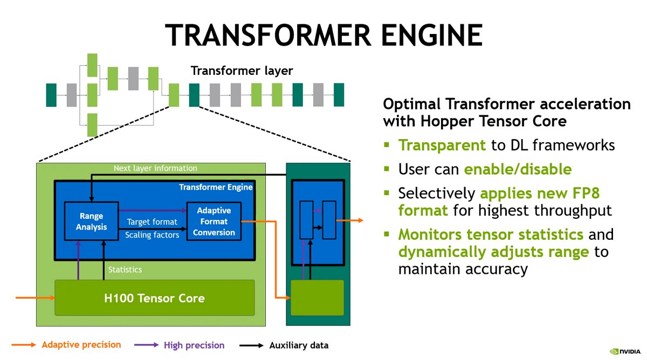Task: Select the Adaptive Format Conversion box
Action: click(x=213, y=221)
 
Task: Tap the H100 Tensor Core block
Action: click(x=154, y=298)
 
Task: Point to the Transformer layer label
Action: click(x=242, y=71)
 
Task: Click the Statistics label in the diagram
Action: click(x=125, y=269)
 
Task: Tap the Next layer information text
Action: click(x=155, y=168)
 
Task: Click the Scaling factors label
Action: click(x=152, y=235)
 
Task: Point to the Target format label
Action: click(x=152, y=221)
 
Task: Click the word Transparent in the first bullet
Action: click(x=442, y=145)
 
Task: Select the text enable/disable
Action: click(x=518, y=169)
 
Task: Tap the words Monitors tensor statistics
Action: click(x=491, y=234)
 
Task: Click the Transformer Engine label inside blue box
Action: click(x=216, y=187)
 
